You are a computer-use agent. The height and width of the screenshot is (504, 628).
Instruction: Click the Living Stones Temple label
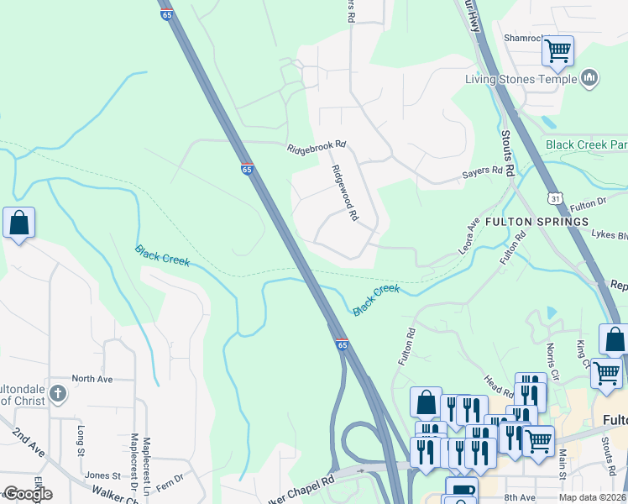coord(521,80)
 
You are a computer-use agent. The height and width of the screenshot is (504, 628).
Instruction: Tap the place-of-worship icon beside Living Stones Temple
coord(589,79)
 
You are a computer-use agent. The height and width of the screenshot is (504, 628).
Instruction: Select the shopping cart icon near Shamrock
coord(557,50)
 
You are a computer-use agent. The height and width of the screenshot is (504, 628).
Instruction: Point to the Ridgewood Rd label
coord(344,192)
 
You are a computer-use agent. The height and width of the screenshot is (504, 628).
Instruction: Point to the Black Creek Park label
coord(585,144)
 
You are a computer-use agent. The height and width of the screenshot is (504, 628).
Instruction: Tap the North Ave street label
coord(92,379)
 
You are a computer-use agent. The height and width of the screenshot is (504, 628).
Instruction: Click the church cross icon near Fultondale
coord(57,393)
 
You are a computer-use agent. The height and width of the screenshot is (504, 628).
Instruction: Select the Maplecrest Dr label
coord(134,458)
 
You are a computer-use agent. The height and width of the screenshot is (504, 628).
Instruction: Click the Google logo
coord(27,494)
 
